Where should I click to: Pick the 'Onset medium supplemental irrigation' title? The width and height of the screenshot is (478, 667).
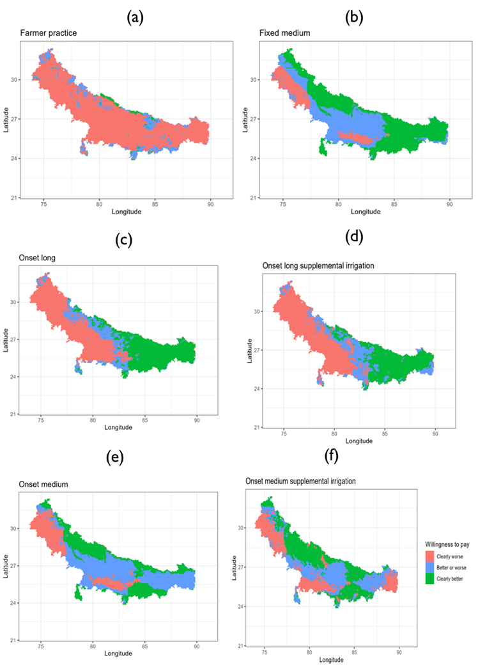pos(300,481)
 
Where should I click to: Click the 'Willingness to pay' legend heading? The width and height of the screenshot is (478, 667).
pos(447,545)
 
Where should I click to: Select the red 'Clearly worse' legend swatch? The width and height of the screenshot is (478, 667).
pos(430,557)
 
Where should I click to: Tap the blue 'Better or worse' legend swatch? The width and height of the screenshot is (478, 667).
pos(430,568)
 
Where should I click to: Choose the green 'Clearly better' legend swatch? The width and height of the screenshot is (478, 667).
pos(430,579)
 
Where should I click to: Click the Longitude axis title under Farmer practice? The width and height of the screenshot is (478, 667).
pos(127,211)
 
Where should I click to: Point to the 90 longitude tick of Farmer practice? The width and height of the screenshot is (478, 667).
pos(210,204)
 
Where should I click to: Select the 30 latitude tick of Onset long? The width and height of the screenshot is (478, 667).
pos(14,302)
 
